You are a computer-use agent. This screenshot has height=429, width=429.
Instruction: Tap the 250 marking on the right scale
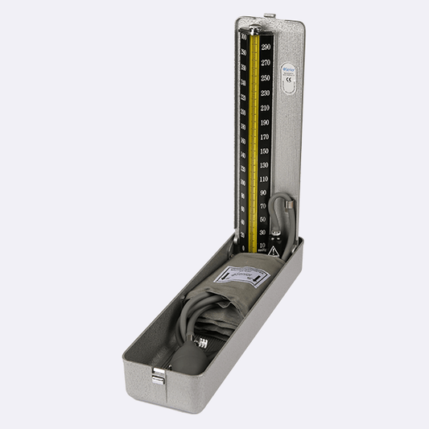[265, 78]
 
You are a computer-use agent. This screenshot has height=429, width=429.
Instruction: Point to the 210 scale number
[265, 107]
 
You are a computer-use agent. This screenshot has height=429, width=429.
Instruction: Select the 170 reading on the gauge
[264, 137]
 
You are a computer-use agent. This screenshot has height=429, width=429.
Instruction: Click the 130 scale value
[264, 165]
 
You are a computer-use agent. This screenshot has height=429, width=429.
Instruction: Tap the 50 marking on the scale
[263, 219]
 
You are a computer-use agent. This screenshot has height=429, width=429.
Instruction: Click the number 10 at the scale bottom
[262, 244]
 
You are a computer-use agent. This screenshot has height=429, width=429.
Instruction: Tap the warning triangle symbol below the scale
[273, 251]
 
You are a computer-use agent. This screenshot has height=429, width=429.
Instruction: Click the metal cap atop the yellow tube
[254, 31]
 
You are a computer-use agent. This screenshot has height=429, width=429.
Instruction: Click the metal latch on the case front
[159, 374]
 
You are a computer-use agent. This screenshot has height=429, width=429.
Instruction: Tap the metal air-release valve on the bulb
[201, 343]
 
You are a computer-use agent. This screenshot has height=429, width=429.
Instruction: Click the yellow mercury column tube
[254, 137]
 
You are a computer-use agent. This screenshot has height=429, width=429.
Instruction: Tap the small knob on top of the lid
[270, 14]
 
